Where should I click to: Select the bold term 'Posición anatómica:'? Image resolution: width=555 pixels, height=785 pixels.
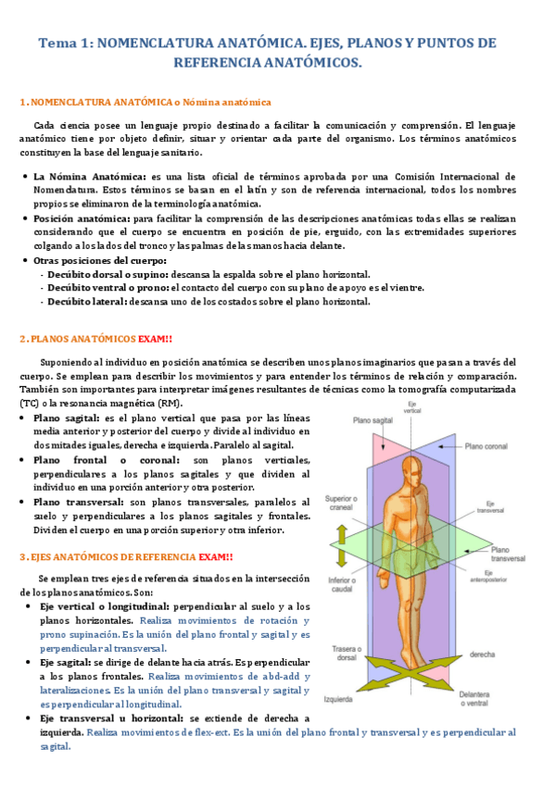pos(82,218)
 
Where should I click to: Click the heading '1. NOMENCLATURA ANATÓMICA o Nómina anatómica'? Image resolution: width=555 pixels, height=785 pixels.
pos(145,102)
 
